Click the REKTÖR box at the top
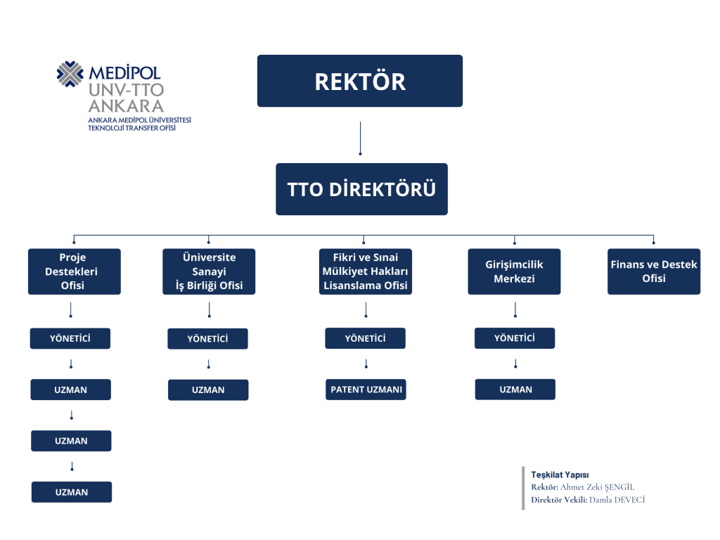(x=359, y=81)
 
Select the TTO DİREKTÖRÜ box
(x=361, y=188)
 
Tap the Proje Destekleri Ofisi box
(x=75, y=271)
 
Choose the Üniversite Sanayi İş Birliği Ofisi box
(x=209, y=271)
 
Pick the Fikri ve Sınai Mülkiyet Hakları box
(x=366, y=271)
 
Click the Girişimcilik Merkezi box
(x=514, y=271)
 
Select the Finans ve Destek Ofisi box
(x=654, y=271)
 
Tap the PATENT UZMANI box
(x=366, y=390)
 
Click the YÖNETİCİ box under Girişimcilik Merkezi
(x=515, y=338)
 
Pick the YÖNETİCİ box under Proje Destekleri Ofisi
(x=70, y=338)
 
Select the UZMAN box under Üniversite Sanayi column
(x=208, y=390)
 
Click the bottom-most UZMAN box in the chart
(x=72, y=491)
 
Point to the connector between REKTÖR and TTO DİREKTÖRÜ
(x=360, y=139)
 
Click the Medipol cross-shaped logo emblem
(x=70, y=74)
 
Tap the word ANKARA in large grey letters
(x=127, y=106)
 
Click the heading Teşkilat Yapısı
(x=560, y=475)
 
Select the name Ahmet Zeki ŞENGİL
(x=598, y=487)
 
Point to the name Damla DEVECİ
(x=617, y=500)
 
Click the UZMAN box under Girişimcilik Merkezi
(x=515, y=390)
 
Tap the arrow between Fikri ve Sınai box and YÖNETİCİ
(x=366, y=310)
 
